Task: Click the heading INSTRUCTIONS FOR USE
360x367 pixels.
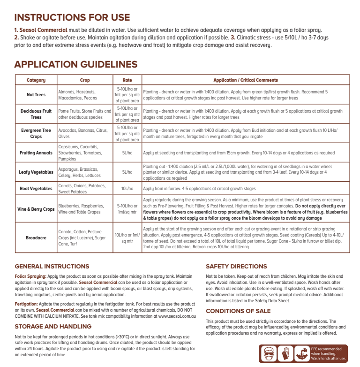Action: [x=72, y=17]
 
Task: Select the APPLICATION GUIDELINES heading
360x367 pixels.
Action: [x=76, y=64]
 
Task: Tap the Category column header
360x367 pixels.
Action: [x=36, y=80]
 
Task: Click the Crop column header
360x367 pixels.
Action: [x=85, y=80]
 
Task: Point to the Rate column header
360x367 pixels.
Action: [x=127, y=80]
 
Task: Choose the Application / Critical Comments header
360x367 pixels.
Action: [x=246, y=80]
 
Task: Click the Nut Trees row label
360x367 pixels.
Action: [x=36, y=95]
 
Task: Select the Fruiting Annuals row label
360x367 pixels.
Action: [x=36, y=153]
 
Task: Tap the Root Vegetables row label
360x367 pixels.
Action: [x=36, y=189]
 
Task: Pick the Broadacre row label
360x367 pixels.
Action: [x=36, y=238]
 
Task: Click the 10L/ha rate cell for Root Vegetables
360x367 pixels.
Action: [x=127, y=189]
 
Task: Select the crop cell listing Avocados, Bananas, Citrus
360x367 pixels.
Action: [x=85, y=133]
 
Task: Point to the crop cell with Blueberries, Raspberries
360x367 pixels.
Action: [x=85, y=209]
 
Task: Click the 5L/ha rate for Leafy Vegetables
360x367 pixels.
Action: [x=127, y=172]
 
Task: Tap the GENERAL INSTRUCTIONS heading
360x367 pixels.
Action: [x=52, y=266]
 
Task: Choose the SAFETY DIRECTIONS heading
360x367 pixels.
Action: [x=236, y=266]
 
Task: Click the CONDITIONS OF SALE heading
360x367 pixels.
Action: [x=238, y=311]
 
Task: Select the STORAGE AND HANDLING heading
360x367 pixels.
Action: [x=53, y=326]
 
